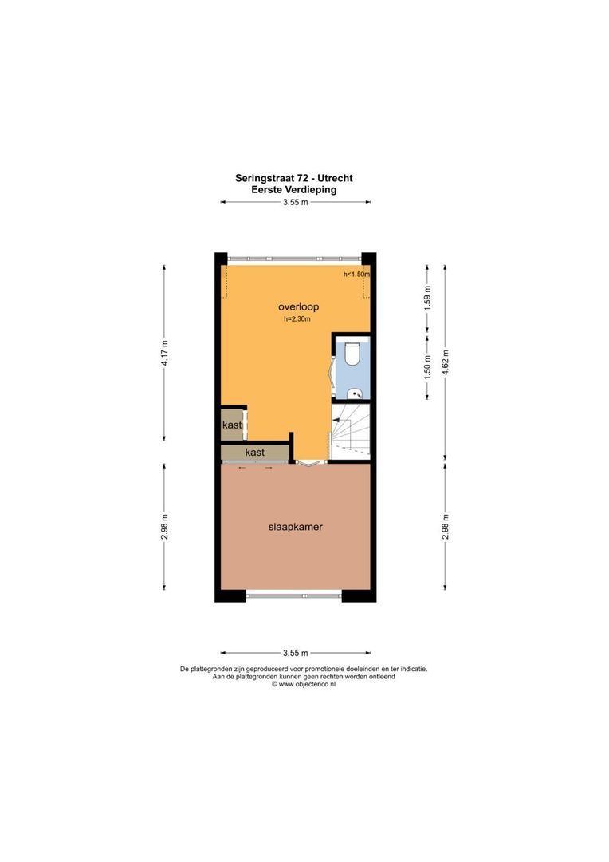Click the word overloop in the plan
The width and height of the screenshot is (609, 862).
click(x=294, y=306)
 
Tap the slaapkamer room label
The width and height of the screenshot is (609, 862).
click(x=295, y=527)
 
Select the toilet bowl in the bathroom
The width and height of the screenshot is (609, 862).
click(x=352, y=354)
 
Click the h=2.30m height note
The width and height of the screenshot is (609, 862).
click(x=297, y=319)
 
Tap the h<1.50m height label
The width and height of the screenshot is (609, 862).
click(x=356, y=274)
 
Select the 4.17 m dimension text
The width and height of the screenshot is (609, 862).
click(x=164, y=352)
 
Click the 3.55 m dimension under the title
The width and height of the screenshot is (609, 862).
click(x=295, y=202)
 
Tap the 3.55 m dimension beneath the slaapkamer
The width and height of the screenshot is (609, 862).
click(x=295, y=653)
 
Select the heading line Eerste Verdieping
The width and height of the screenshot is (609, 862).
click(x=294, y=190)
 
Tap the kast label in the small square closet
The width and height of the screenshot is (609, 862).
click(x=232, y=425)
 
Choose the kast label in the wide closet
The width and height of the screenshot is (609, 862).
click(x=255, y=452)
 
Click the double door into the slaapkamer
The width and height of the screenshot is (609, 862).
click(x=309, y=462)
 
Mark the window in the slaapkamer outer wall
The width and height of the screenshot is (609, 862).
click(x=295, y=594)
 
